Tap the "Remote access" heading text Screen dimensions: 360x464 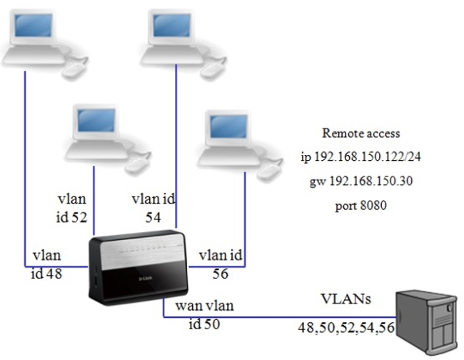click(360, 133)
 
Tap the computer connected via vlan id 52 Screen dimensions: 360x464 click(96, 132)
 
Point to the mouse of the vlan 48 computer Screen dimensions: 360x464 click(74, 69)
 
